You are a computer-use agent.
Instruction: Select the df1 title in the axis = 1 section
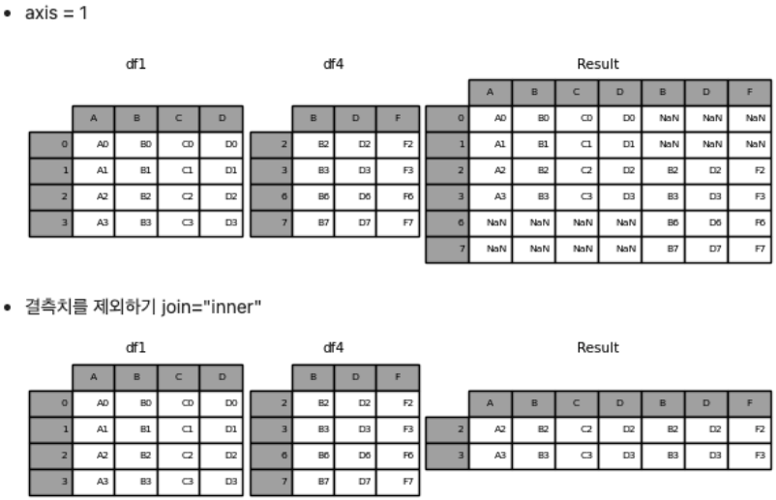(135, 65)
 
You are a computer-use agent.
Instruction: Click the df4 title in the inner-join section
(334, 347)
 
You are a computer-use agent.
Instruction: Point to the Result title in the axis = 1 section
(597, 65)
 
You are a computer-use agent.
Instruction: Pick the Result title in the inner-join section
(597, 347)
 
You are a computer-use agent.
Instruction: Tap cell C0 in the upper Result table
(577, 118)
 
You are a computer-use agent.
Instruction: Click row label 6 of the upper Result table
(447, 221)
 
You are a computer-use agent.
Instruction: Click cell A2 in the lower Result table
(491, 426)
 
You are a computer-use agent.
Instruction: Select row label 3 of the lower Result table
(447, 453)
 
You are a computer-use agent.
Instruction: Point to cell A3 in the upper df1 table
(94, 222)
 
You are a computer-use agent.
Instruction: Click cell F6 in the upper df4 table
(399, 196)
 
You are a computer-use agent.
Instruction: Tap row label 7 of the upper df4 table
(271, 222)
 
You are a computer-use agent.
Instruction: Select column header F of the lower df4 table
(399, 376)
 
